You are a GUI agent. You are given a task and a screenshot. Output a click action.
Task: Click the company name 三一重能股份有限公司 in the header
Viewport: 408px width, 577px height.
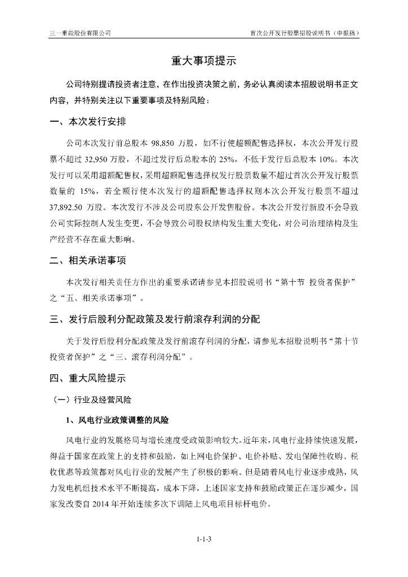coord(79,33)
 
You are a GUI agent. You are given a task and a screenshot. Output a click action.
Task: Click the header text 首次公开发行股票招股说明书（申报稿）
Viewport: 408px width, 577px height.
coord(304,33)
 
